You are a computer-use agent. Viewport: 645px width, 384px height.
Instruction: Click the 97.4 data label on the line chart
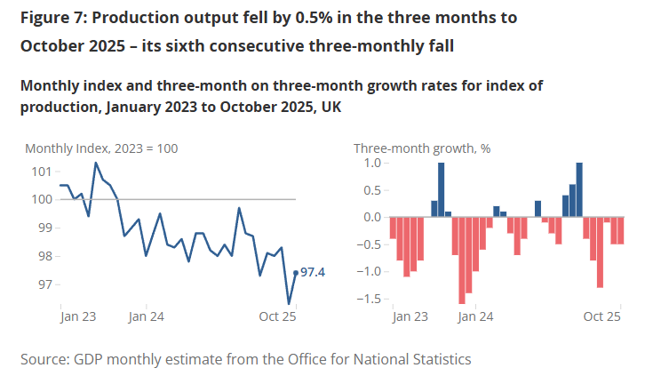tap(314, 272)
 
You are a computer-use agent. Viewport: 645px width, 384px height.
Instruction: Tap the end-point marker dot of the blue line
tap(296, 273)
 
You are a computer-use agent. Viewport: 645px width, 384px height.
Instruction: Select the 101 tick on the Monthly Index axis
tap(42, 171)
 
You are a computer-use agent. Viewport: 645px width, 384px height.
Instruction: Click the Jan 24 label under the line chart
tap(146, 316)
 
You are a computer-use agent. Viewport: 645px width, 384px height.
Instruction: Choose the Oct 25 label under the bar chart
tap(601, 316)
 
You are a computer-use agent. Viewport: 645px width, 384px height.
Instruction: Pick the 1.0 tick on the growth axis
tap(371, 164)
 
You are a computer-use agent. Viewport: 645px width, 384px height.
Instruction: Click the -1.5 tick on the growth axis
tap(369, 299)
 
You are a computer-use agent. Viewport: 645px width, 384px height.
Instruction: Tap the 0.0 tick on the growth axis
tap(371, 217)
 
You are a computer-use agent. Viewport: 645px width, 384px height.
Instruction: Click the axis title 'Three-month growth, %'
tap(422, 148)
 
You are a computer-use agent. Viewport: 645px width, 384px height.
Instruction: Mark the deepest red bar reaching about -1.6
tap(462, 260)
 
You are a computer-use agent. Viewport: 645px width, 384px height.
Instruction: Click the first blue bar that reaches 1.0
tap(442, 189)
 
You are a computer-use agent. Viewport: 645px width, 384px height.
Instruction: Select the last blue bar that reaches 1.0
tap(579, 189)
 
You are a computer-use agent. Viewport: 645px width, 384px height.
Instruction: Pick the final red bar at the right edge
tap(621, 230)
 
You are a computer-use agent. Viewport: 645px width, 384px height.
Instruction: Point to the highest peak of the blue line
tap(96, 163)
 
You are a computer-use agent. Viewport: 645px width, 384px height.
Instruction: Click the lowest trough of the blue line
tap(289, 304)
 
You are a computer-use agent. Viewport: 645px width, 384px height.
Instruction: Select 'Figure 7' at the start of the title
tap(45, 18)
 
